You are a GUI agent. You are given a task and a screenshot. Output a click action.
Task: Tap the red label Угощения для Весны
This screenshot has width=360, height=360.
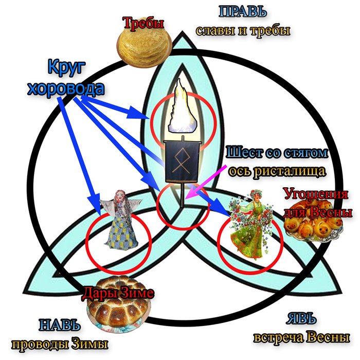[x=315, y=203]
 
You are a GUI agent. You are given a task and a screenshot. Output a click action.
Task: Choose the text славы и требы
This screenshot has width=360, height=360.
[x=243, y=30]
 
